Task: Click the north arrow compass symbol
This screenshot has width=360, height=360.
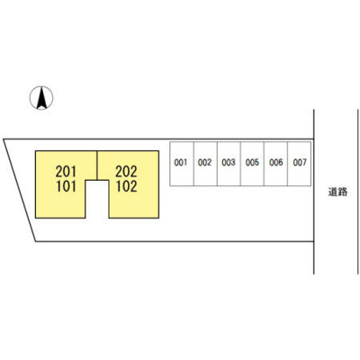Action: point(41,98)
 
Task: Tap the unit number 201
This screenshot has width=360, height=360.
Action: point(66,172)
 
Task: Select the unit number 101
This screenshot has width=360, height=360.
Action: point(66,186)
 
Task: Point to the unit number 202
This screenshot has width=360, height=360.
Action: point(126,172)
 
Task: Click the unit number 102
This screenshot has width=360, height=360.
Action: point(127,186)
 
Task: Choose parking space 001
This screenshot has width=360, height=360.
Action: point(182,164)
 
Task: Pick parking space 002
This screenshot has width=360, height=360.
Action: point(205,164)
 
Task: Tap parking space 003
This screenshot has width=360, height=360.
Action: point(229,164)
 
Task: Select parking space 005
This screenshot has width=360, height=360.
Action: point(252,164)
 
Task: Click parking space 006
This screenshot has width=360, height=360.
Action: point(275,164)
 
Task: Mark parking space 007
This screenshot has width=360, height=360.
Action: point(300,164)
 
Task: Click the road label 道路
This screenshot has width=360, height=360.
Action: point(337,192)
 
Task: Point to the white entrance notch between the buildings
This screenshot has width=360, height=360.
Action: point(97,199)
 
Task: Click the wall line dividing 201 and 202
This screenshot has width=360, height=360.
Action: point(97,166)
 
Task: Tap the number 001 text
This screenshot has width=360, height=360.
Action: point(181,163)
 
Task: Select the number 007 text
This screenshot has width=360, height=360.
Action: point(300,163)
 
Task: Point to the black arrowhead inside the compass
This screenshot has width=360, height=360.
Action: point(41,97)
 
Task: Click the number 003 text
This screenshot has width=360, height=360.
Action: point(229,163)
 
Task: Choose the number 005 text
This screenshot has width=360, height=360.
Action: point(252,163)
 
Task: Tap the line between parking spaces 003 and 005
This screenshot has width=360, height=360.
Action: point(240,164)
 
